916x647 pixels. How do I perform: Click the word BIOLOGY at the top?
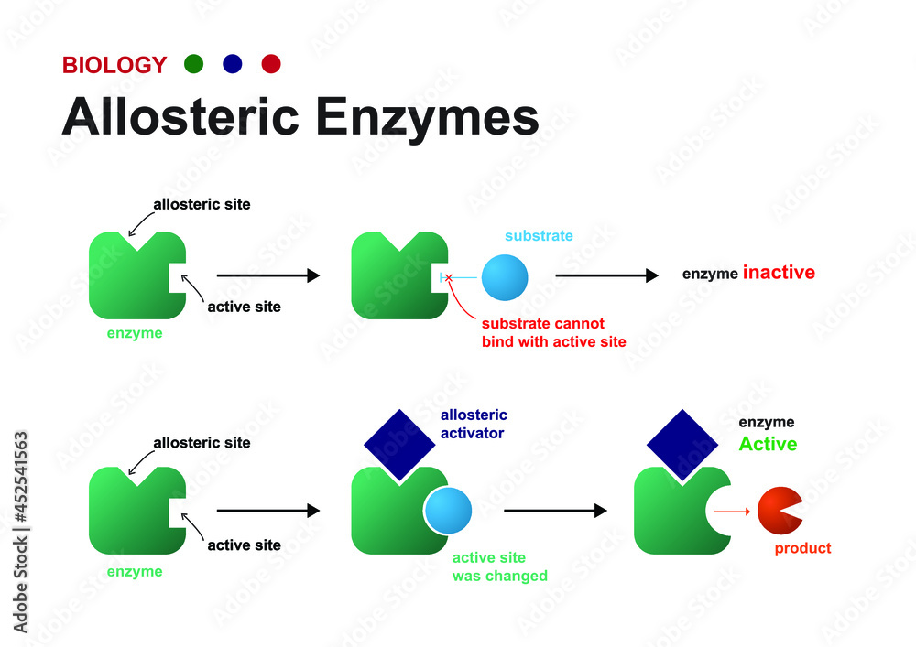coord(114,65)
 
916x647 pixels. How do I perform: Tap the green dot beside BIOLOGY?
coord(193,64)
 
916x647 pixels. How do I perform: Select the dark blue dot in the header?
coord(232,64)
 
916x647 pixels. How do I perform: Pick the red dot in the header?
coord(271,64)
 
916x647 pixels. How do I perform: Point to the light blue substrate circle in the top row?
coord(505,276)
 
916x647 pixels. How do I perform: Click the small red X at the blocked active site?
coord(448,277)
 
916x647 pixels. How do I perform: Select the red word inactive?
coord(778,273)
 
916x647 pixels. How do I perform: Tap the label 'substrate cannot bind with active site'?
coord(553,333)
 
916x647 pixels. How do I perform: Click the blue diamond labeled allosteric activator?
coord(398,444)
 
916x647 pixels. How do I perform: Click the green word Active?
coord(768,445)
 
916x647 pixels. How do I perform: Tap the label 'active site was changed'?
coord(499,567)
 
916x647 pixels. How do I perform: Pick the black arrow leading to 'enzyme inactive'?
coord(606,275)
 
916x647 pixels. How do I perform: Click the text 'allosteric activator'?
coord(474,425)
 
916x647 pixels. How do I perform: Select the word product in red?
coord(802,549)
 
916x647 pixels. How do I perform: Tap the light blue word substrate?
coord(539,236)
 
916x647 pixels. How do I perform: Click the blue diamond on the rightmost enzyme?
coord(682,444)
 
